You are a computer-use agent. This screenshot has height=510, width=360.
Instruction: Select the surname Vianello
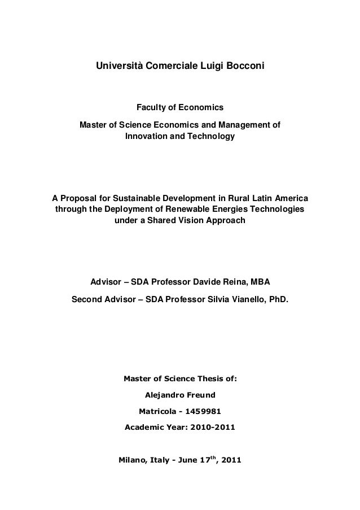[x=245, y=298]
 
